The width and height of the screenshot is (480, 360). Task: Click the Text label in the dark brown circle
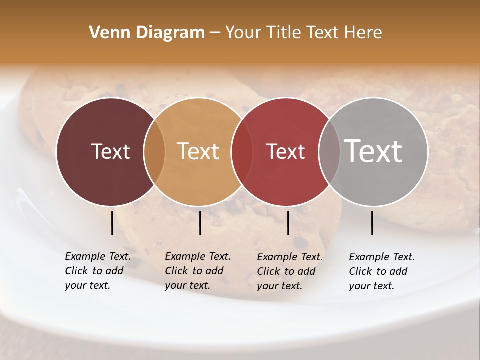tap(110, 152)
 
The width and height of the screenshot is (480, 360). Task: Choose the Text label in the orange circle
tap(198, 152)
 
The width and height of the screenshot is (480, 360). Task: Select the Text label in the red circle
tap(285, 152)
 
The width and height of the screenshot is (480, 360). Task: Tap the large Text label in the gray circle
tap(373, 152)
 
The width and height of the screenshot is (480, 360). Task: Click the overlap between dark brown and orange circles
tap(154, 152)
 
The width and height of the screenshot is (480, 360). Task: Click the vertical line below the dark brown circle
tap(112, 223)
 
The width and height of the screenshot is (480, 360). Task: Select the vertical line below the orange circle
tap(200, 223)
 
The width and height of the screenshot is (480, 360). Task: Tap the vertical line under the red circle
tap(288, 223)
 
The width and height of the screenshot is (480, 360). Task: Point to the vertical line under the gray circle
tap(372, 223)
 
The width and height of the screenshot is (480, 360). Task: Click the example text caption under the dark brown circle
tap(97, 271)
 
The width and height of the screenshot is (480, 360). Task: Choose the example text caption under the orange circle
tap(197, 271)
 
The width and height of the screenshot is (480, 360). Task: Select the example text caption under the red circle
tap(289, 271)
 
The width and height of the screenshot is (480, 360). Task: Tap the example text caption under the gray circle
tap(381, 271)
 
